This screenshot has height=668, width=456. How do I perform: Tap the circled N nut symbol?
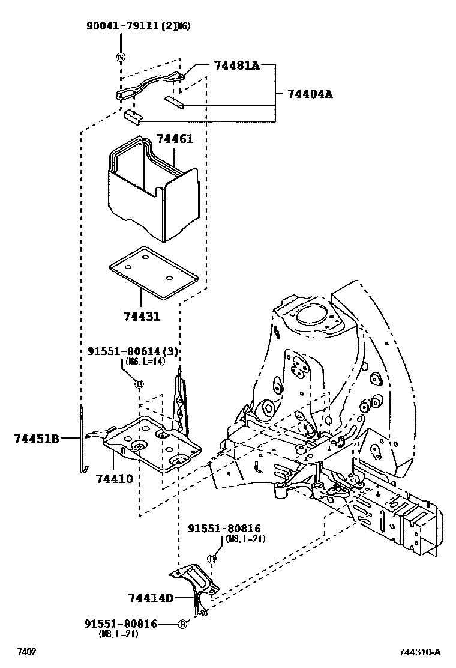pyautogui.click(x=121, y=58)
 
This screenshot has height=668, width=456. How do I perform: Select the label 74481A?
pyautogui.click(x=236, y=65)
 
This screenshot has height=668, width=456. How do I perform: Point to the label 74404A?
pyautogui.click(x=310, y=94)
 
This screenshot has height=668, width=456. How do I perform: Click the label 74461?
pyautogui.click(x=175, y=139)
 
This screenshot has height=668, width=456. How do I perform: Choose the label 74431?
pyautogui.click(x=142, y=315)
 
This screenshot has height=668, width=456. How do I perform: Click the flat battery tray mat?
pyautogui.click(x=152, y=272)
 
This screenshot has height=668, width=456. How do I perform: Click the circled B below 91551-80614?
pyautogui.click(x=139, y=384)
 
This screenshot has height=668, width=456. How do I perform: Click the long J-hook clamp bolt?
pyautogui.click(x=82, y=439)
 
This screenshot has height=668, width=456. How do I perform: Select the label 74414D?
pyautogui.click(x=150, y=598)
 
